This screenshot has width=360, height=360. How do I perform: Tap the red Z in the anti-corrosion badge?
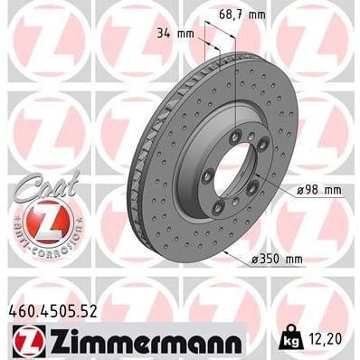click(36, 223)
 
